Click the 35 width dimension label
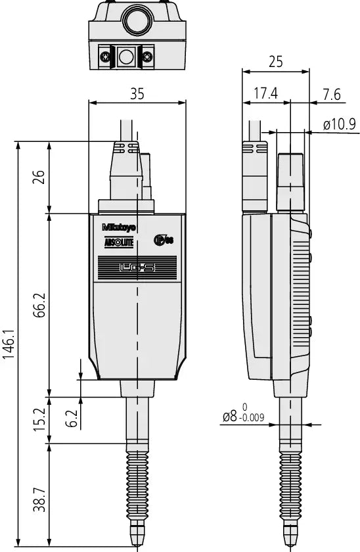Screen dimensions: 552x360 pos(137,93)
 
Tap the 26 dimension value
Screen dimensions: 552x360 pos(39,177)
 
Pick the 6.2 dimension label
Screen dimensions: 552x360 pos(72,419)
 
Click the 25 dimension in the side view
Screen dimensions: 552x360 pos(275,62)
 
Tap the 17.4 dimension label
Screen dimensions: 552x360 pos(265,94)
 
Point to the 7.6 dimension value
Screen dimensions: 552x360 pos(332,94)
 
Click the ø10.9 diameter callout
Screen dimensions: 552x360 pos(339,124)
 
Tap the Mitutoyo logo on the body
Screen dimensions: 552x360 pos(119,227)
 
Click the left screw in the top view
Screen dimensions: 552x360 pos(104,57)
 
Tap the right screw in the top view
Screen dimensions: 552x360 pos(148,57)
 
